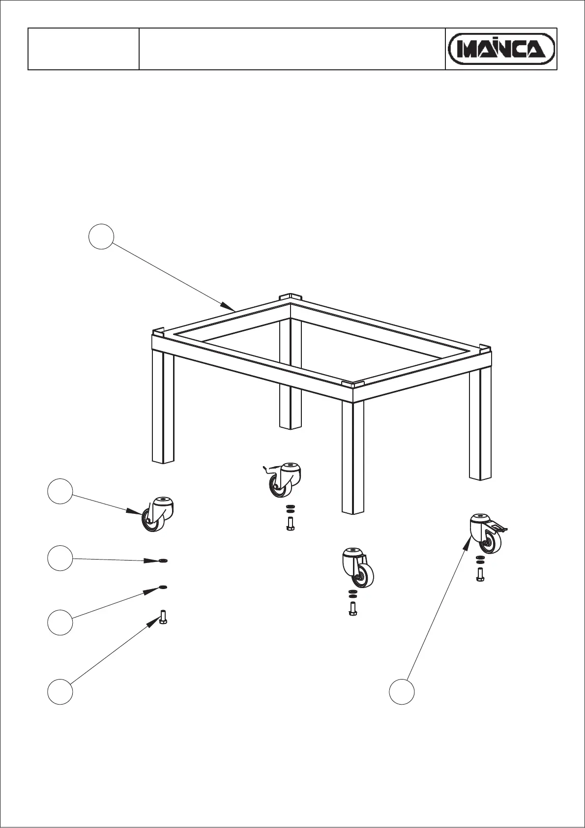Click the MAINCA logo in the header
[x=501, y=49]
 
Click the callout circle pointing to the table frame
[x=101, y=237]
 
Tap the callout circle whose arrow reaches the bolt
[x=60, y=691]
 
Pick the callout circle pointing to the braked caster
[x=402, y=691]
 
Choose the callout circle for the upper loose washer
[x=60, y=558]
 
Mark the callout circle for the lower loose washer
[x=60, y=622]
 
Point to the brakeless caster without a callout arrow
[x=357, y=567]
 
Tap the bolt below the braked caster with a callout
[x=480, y=575]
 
